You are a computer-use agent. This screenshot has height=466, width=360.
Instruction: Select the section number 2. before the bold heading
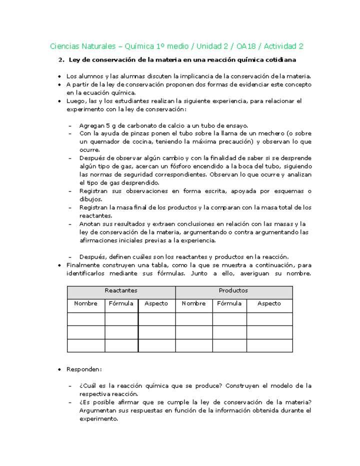click(x=61, y=60)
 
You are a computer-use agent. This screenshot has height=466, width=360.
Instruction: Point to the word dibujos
click(x=90, y=199)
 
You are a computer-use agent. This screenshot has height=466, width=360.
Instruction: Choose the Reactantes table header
click(x=121, y=290)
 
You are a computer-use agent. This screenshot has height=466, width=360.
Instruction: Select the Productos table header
click(x=233, y=290)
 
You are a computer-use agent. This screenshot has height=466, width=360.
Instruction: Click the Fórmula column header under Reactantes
click(x=121, y=303)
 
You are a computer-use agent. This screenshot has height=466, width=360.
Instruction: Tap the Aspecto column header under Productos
click(x=269, y=303)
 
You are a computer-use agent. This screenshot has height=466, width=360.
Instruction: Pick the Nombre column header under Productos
click(x=193, y=303)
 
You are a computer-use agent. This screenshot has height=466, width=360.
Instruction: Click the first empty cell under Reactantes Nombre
click(x=86, y=319)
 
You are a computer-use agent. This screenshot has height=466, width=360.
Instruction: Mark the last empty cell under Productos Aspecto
click(x=269, y=345)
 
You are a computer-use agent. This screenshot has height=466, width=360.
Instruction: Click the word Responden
click(x=84, y=369)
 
